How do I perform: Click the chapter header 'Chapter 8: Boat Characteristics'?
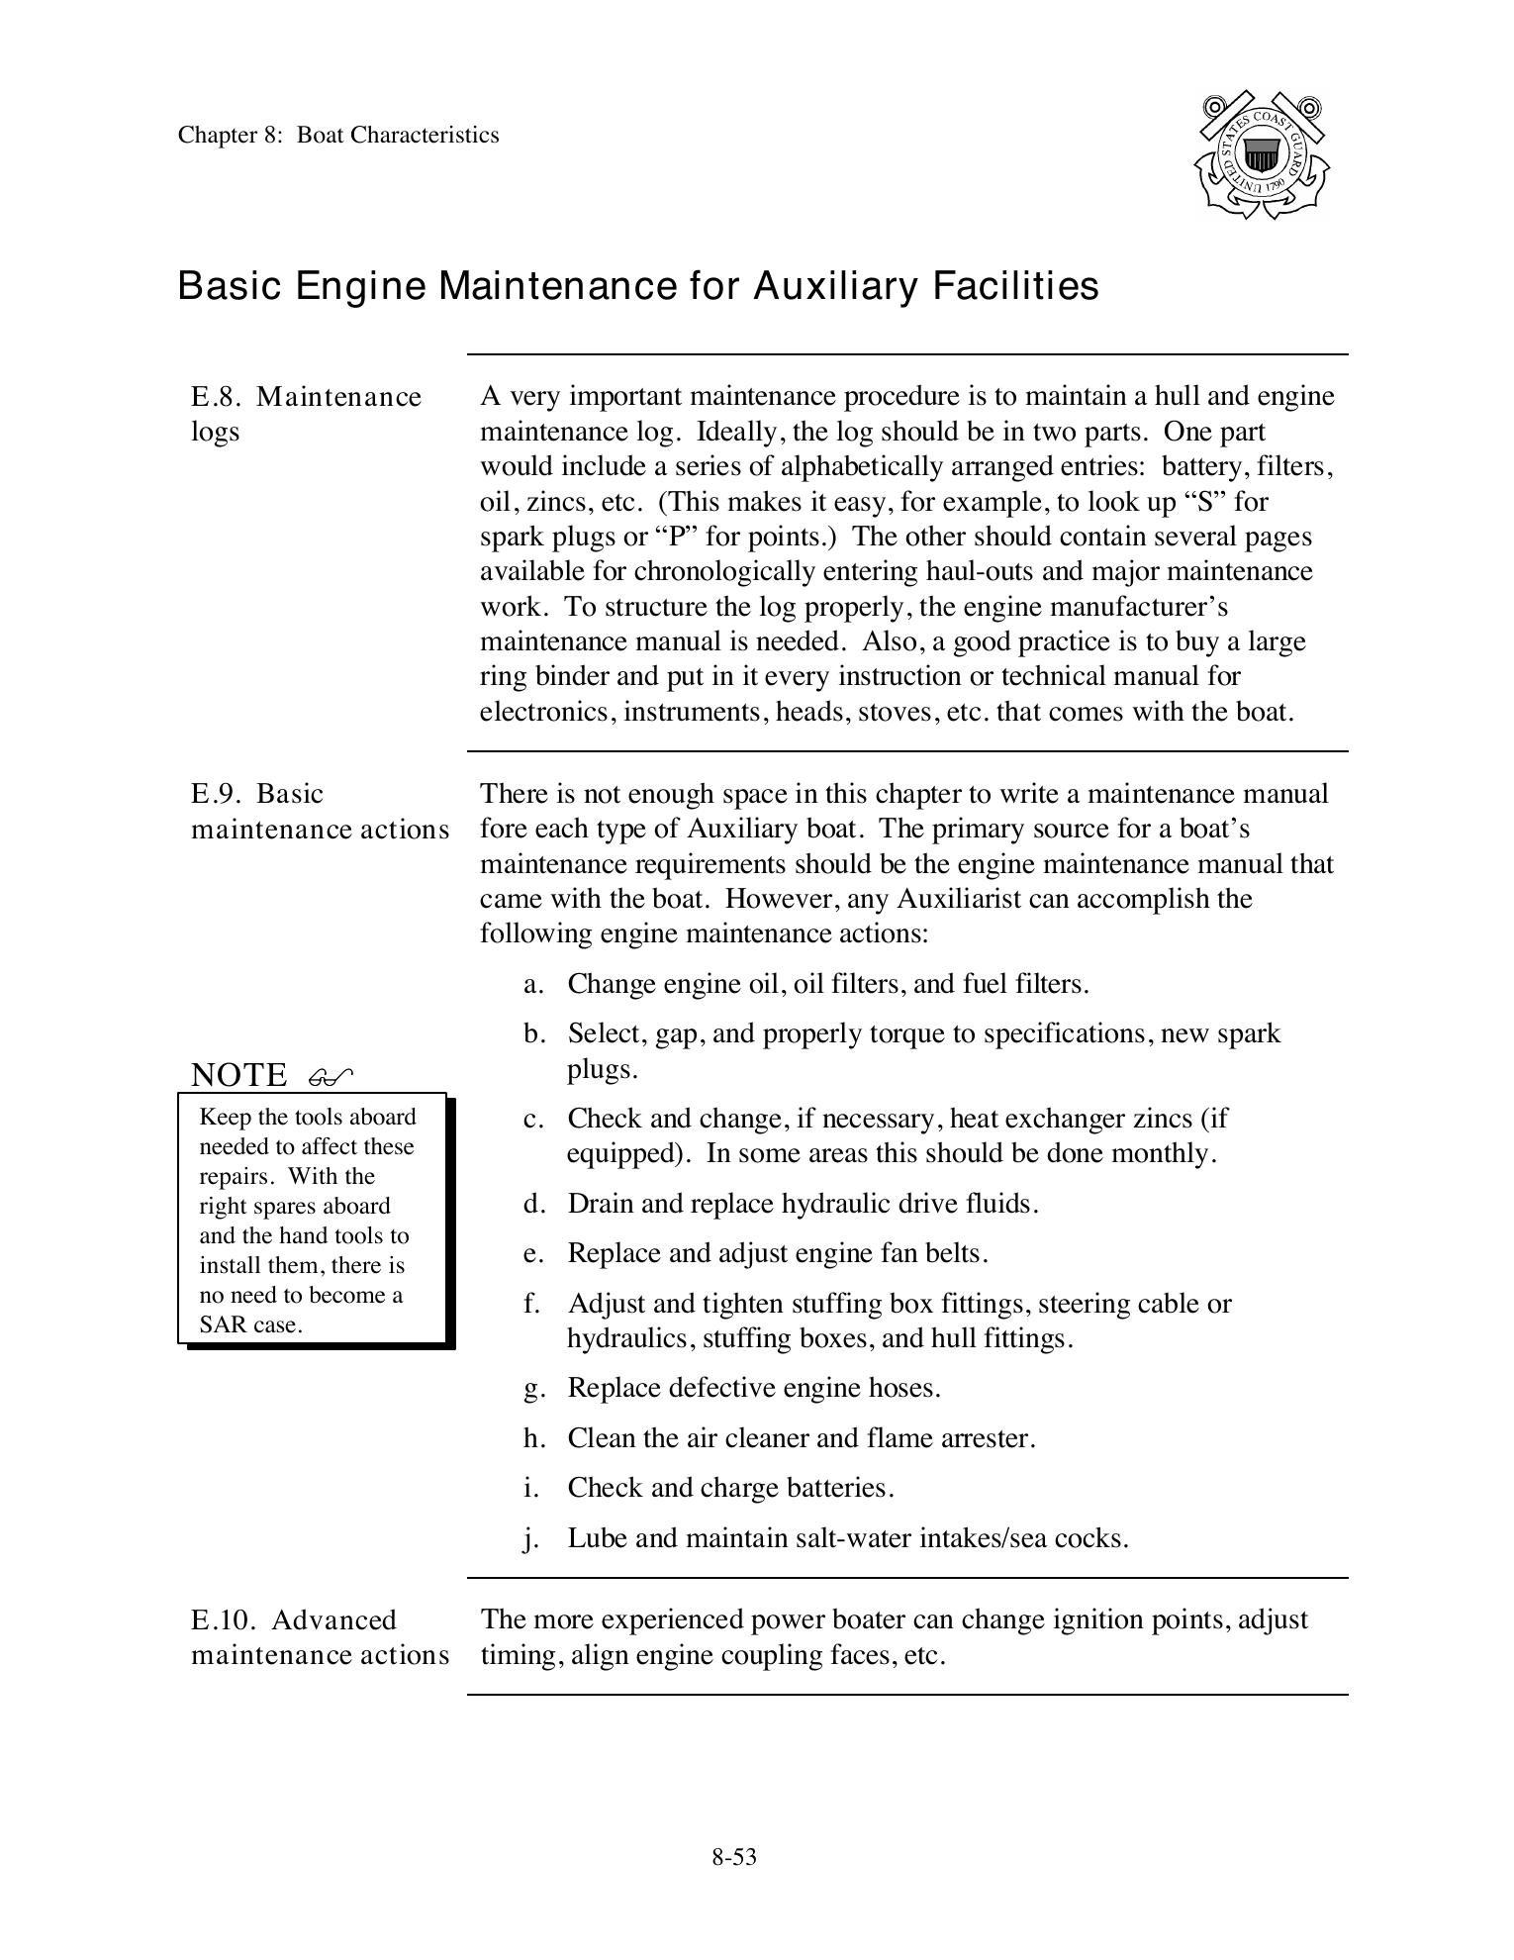point(338,136)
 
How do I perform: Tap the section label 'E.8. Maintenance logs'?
point(306,414)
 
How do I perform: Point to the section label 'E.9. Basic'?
point(257,794)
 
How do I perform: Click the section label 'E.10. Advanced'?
point(293,1620)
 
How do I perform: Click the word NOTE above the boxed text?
point(238,1075)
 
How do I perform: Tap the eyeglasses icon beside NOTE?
point(330,1076)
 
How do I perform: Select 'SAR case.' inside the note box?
point(250,1325)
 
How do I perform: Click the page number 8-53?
point(733,1857)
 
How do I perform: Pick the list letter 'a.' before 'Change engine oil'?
point(533,984)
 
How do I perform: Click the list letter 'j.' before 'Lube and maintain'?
point(531,1538)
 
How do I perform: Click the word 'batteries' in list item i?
point(838,1488)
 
